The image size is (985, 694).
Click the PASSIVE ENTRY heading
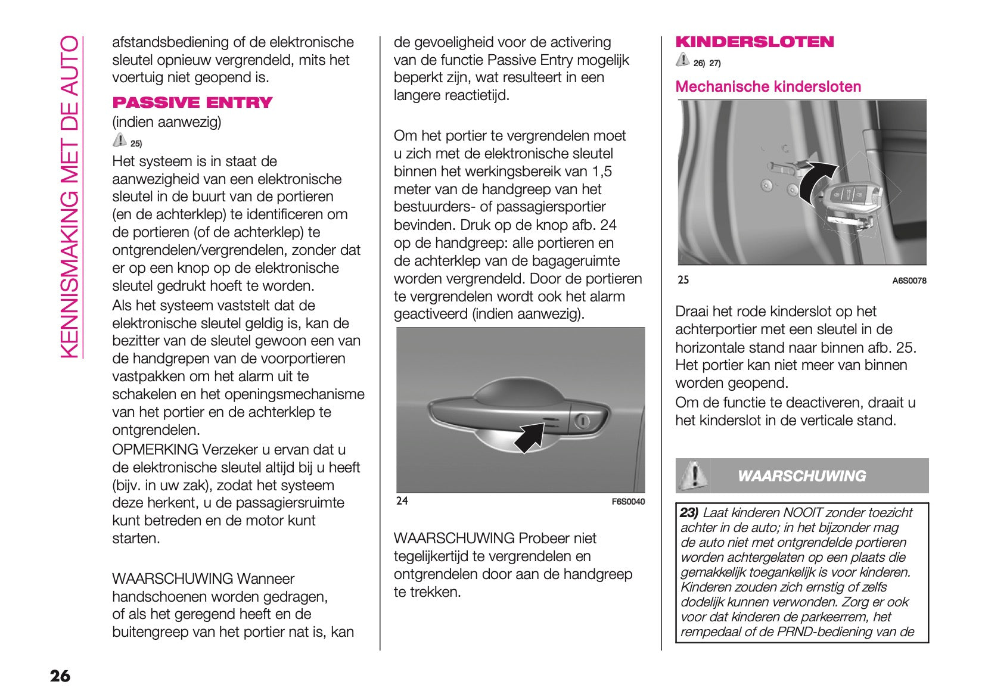pyautogui.click(x=192, y=102)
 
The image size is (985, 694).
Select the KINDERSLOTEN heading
pyautogui.click(x=754, y=42)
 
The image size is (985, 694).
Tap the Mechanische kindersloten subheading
pyautogui.click(x=768, y=87)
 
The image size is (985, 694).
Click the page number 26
pyautogui.click(x=60, y=676)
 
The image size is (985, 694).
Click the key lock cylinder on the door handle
pyautogui.click(x=582, y=421)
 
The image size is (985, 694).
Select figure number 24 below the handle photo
pyautogui.click(x=402, y=500)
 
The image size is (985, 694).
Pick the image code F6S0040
pyautogui.click(x=628, y=502)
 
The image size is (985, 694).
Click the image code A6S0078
pyautogui.click(x=909, y=281)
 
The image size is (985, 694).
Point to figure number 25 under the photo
pyautogui.click(x=683, y=280)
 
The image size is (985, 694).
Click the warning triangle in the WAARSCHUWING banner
pyautogui.click(x=692, y=475)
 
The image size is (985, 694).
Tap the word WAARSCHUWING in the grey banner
pyautogui.click(x=801, y=476)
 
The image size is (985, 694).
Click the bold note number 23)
pyautogui.click(x=689, y=512)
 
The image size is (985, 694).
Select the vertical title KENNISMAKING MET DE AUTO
pyautogui.click(x=70, y=197)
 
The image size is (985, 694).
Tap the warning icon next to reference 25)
pyautogui.click(x=119, y=141)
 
